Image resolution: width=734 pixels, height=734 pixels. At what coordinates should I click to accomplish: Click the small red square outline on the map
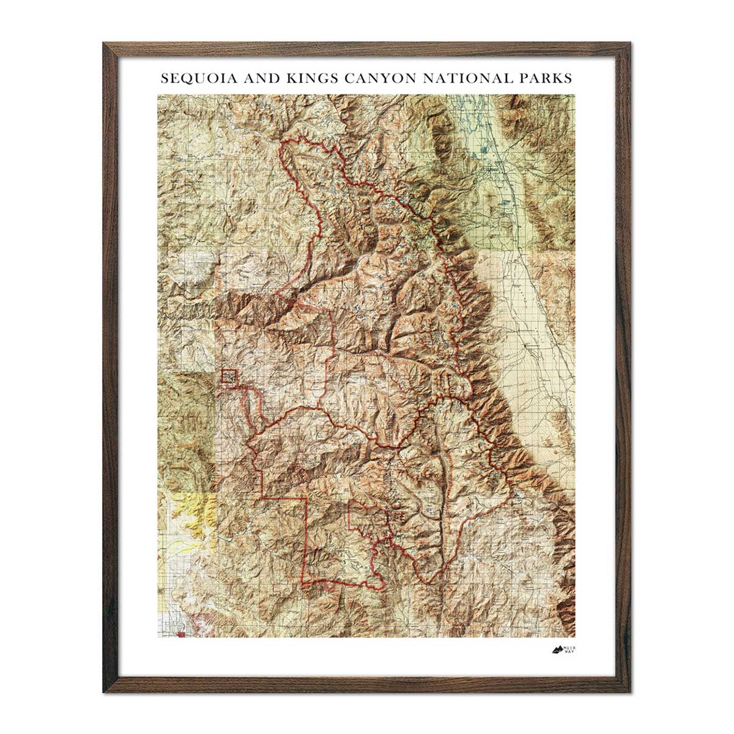pos(229,376)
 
